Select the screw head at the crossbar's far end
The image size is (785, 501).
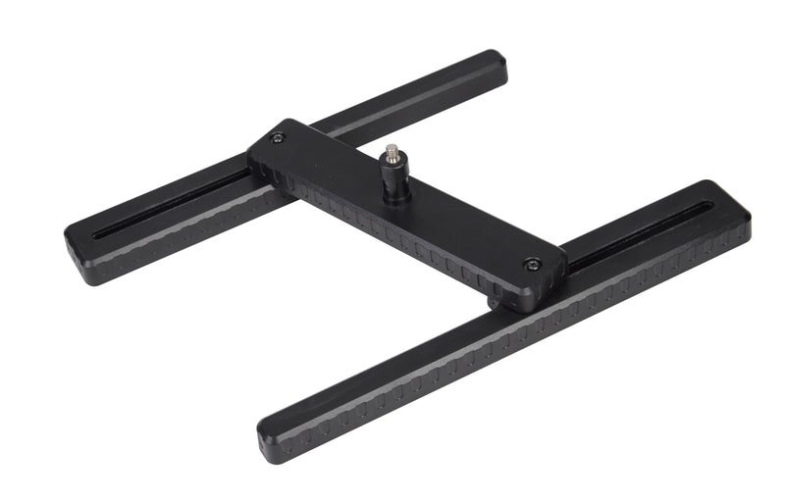coord(278,138)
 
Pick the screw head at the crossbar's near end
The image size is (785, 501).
coord(531,263)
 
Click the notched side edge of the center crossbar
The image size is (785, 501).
coord(392,234)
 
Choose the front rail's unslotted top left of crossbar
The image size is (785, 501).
coord(392,363)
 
